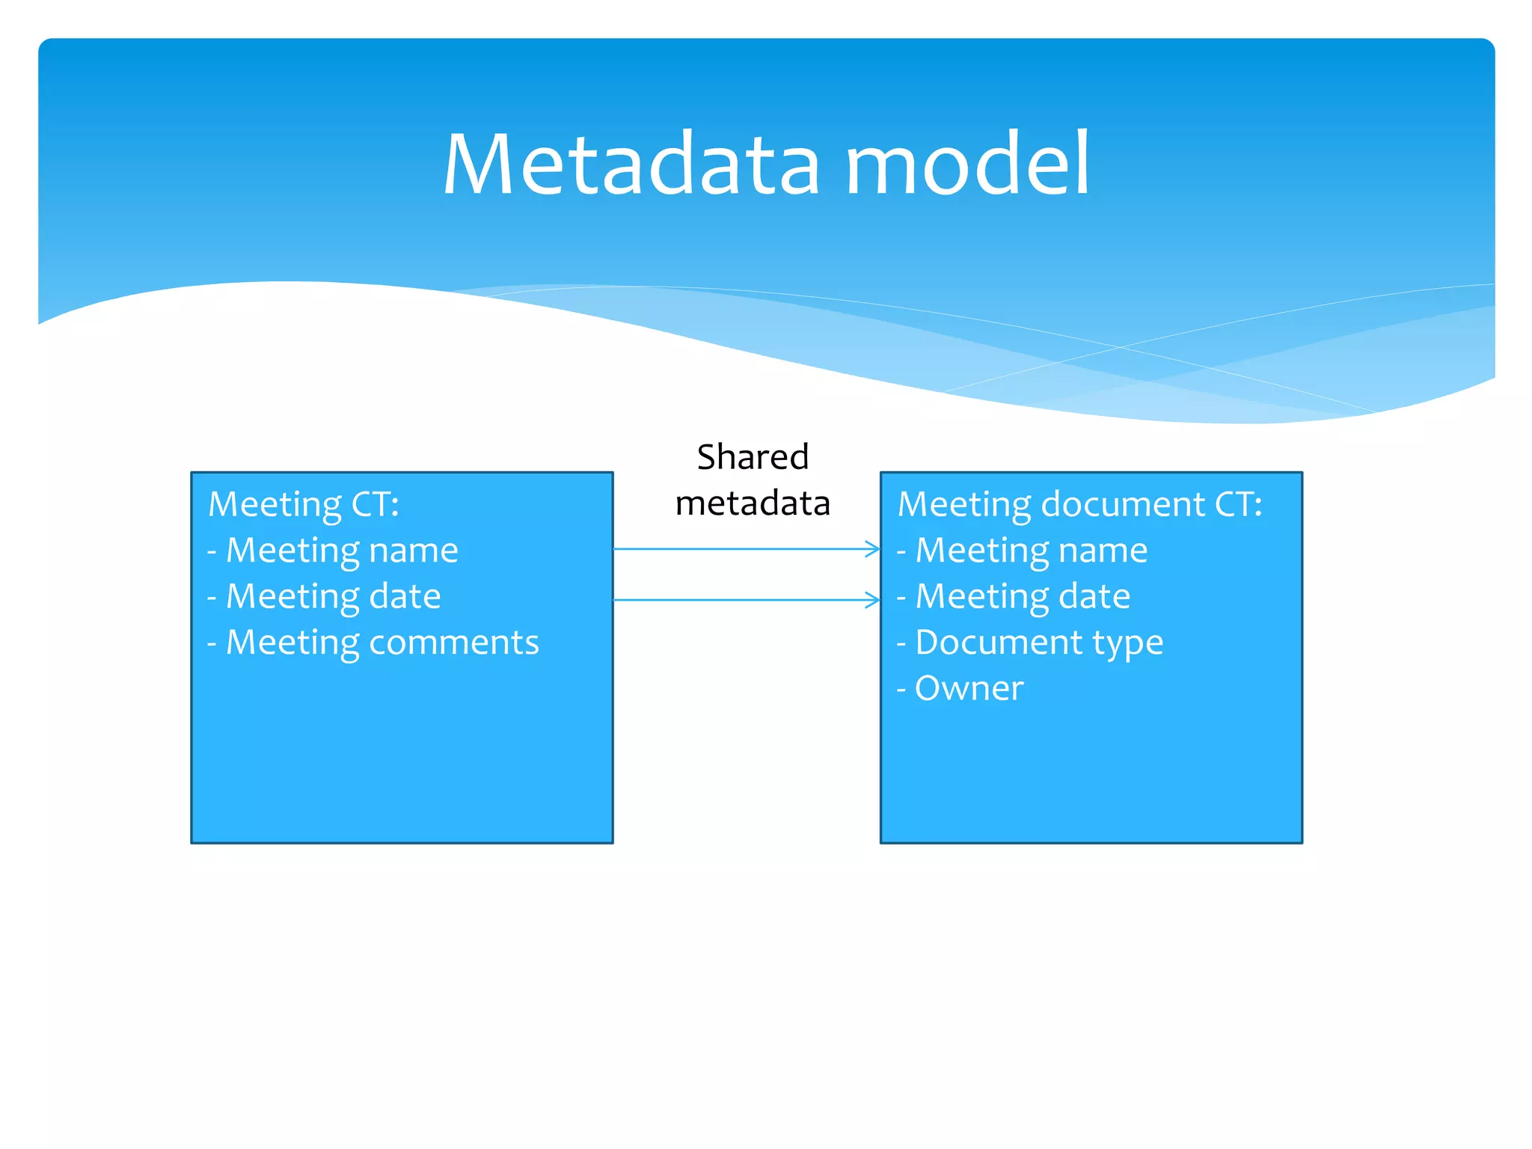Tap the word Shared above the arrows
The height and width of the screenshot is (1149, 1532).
point(753,457)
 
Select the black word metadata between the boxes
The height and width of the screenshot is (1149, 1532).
point(753,503)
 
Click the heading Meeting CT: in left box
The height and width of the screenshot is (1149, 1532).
point(304,504)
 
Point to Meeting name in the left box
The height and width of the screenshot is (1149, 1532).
point(341,551)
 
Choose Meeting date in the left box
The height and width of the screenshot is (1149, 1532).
point(333,597)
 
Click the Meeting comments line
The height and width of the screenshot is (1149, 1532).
point(382,643)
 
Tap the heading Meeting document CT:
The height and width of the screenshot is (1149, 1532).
point(1079,504)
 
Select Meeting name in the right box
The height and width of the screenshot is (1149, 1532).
point(1031,551)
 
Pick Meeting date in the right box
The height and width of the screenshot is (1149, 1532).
point(1023,597)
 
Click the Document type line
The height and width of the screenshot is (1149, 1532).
point(1038,643)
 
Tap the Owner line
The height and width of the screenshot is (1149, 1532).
point(969,688)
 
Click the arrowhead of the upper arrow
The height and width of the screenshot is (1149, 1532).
point(873,549)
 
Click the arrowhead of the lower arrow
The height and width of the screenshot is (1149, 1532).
point(873,600)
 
